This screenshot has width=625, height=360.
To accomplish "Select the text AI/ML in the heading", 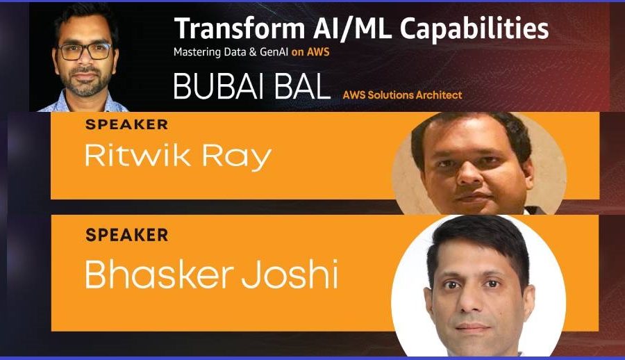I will coord(331,28).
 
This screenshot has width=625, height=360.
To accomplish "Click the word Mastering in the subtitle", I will coord(198,52).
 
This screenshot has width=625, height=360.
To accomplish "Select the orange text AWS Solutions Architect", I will coord(402,95).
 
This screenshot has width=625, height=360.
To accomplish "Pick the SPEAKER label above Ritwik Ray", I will coord(126,125).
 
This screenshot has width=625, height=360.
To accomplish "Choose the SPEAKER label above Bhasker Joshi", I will coord(126,235).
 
